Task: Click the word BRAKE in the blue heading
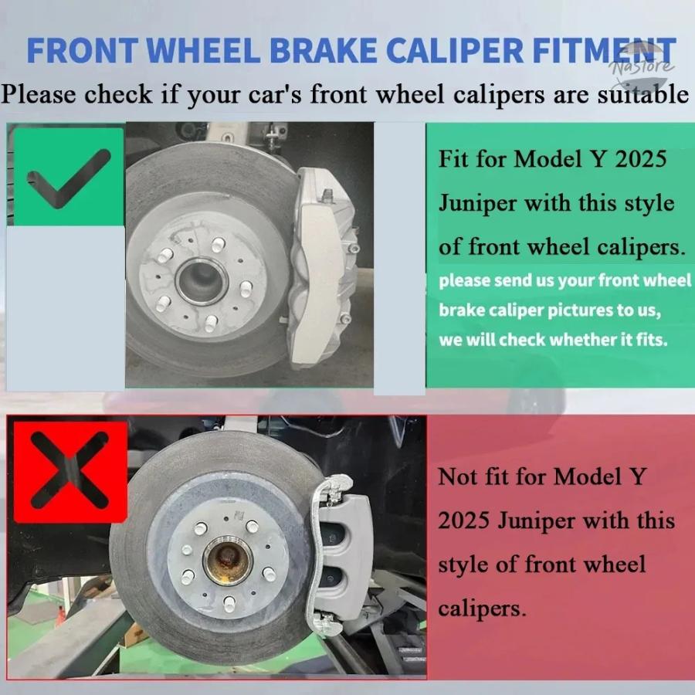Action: pyautogui.click(x=323, y=51)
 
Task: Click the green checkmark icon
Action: pyautogui.click(x=69, y=177)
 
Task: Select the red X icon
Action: pyautogui.click(x=70, y=471)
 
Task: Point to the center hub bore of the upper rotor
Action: pyautogui.click(x=202, y=281)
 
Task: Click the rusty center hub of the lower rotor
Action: pyautogui.click(x=227, y=561)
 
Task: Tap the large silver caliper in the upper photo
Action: pyautogui.click(x=324, y=268)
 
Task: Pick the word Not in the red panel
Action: pyautogui.click(x=458, y=477)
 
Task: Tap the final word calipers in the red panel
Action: pyautogui.click(x=482, y=609)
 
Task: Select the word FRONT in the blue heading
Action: pyautogui.click(x=83, y=51)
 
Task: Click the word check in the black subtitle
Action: pyautogui.click(x=118, y=95)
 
